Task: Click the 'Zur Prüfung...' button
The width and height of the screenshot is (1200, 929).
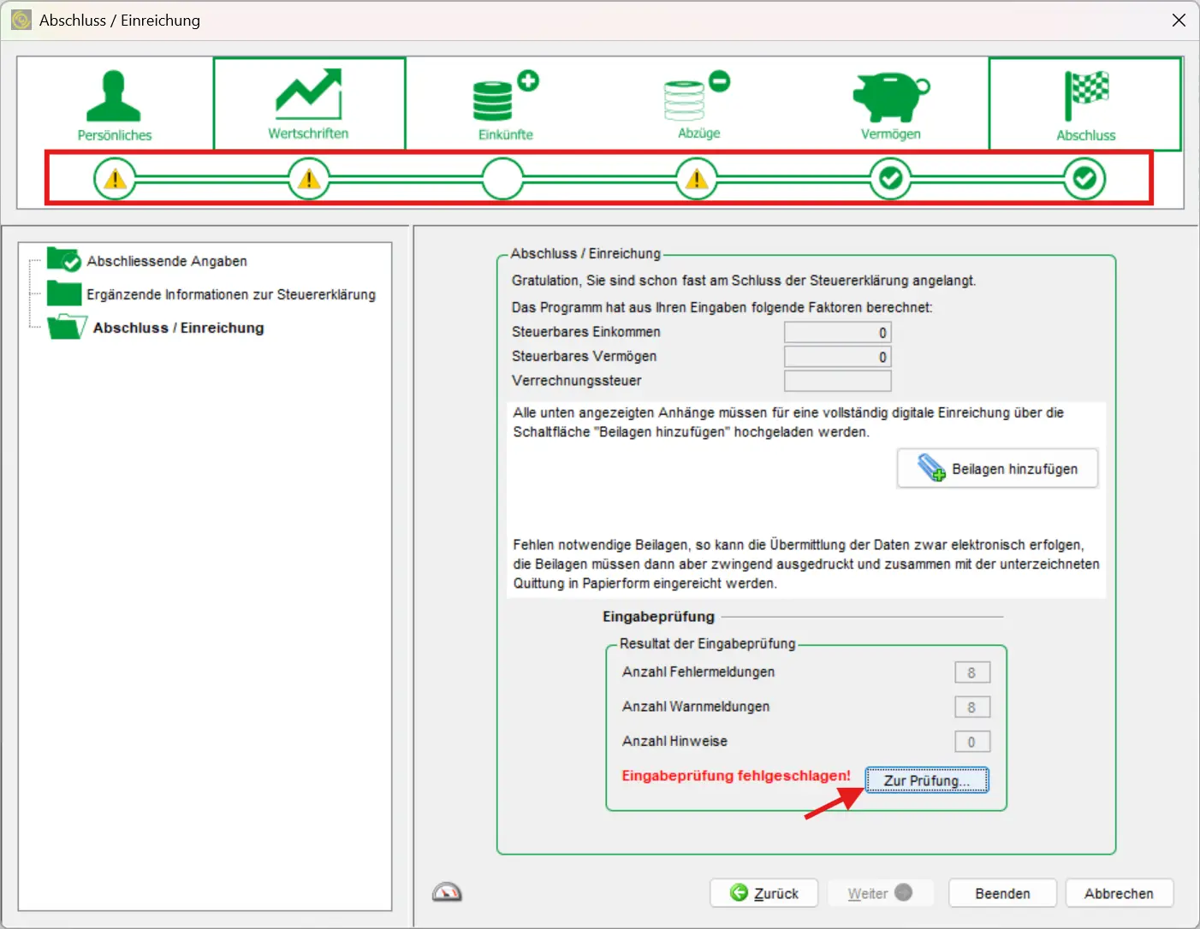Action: [926, 780]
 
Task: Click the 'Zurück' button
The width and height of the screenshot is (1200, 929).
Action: [763, 893]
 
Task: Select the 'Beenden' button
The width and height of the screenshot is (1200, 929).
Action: [1002, 893]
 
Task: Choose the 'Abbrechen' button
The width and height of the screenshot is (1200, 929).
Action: [1119, 893]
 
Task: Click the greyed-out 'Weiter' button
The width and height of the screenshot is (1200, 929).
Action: [878, 893]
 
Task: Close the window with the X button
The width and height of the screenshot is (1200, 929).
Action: [1179, 20]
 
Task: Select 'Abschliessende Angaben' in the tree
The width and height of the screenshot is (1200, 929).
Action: [166, 261]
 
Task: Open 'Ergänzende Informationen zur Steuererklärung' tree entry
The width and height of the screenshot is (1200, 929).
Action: [230, 294]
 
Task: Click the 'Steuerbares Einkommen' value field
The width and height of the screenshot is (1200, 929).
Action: [837, 333]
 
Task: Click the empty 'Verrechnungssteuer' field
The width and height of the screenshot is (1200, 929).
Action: [837, 381]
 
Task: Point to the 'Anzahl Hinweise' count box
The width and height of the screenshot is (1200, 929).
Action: [971, 742]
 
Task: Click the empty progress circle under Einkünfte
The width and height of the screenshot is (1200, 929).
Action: [502, 179]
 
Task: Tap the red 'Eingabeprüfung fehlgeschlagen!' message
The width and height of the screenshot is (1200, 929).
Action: [735, 776]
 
